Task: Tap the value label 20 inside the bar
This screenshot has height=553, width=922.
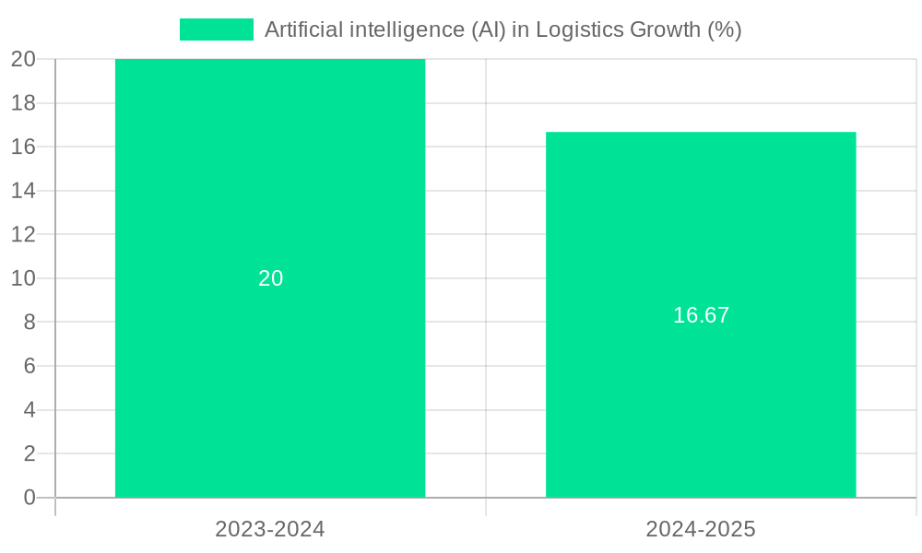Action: [x=270, y=278]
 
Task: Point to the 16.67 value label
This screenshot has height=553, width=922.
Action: [x=701, y=315]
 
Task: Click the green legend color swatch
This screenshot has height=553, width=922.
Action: [x=216, y=29]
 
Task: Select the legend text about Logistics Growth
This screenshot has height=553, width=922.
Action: [x=502, y=29]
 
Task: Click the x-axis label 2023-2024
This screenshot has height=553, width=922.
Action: [x=270, y=529]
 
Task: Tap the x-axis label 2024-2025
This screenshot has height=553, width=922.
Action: [x=701, y=529]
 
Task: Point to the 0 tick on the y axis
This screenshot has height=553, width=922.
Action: [x=30, y=498]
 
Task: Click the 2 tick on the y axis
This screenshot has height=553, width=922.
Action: [x=30, y=453]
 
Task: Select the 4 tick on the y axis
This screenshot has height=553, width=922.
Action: [x=30, y=409]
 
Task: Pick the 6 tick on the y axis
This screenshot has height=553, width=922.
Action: [x=30, y=366]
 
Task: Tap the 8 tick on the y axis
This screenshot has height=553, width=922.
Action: [x=30, y=322]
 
